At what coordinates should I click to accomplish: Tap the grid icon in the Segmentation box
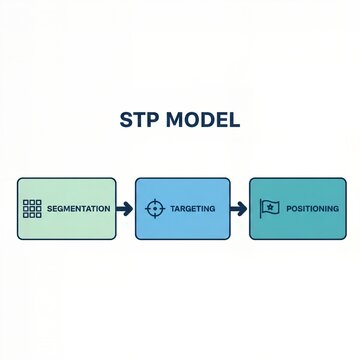point(31,208)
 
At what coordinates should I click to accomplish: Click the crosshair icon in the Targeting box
point(154,208)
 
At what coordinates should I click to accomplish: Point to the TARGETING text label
point(192,208)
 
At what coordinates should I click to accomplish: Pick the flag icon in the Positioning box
point(269,208)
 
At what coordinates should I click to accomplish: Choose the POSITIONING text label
point(311,208)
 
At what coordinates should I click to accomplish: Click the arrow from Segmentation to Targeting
point(124,209)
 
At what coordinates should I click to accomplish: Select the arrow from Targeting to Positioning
point(239,209)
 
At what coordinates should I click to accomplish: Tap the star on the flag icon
point(271,207)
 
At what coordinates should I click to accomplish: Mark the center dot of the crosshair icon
point(154,208)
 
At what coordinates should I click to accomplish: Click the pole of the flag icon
point(262,209)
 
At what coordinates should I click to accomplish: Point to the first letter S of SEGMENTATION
point(49,208)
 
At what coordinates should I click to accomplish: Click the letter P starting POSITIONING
point(288,208)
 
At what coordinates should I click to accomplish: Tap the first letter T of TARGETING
point(172,208)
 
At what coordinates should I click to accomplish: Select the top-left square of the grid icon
point(25,202)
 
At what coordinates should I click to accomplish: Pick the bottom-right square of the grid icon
point(37,214)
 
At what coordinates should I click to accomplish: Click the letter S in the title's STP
point(125,121)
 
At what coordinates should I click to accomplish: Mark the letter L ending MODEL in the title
point(234,121)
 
